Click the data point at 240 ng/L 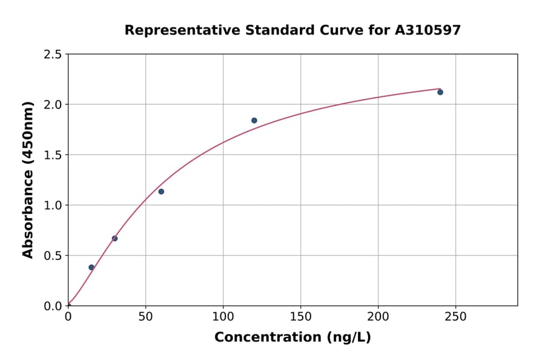pos(440,92)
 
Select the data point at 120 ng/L pos(254,121)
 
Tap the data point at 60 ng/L pos(161,192)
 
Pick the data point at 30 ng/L pos(114,238)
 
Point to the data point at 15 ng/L pos(91,267)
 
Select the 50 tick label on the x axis pos(145,317)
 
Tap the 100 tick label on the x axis pos(223,317)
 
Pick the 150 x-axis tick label pos(300,317)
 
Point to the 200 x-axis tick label pos(378,317)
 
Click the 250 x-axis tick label pos(455,317)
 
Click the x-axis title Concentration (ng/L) pos(292,338)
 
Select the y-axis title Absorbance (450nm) pos(28,180)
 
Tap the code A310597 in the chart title pos(428,30)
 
